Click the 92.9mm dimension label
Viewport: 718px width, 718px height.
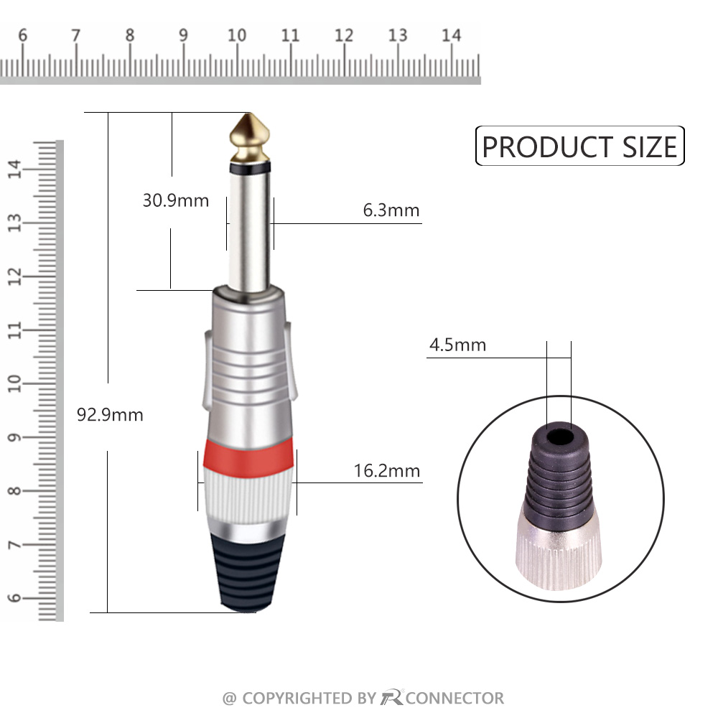pos(110,414)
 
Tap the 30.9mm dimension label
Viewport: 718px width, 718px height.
pos(175,200)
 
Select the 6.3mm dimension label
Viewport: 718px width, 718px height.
pos(391,210)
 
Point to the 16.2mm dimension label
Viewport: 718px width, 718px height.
pos(386,471)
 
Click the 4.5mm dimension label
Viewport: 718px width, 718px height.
pos(457,345)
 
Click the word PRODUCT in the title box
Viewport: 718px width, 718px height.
pos(538,146)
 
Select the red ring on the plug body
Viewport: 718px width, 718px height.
pos(248,454)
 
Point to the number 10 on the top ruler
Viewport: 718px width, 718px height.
pos(237,35)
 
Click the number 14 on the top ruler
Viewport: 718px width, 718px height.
pos(451,35)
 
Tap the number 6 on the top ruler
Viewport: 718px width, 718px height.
pos(23,35)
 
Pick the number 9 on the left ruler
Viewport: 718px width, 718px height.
pos(14,437)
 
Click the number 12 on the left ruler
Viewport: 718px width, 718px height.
pos(14,276)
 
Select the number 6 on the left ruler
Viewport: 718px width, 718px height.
pos(14,597)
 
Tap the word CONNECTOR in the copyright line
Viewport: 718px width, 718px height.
pos(460,698)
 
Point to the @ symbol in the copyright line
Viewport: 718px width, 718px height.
pos(229,698)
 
